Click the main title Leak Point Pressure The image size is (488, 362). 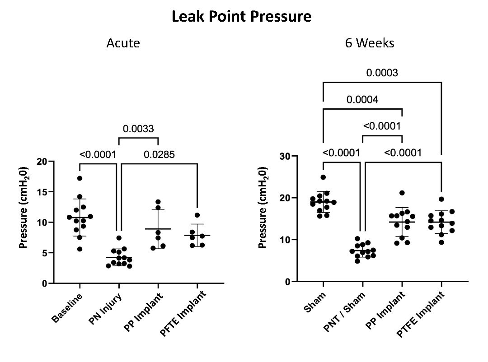coord(241,17)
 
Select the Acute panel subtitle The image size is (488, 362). coord(123,43)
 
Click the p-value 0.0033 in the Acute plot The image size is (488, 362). coord(139,129)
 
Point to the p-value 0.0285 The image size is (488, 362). coord(159,155)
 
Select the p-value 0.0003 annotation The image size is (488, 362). coord(382,73)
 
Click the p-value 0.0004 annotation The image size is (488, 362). coord(362,99)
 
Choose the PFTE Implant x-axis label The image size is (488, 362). coord(183,313)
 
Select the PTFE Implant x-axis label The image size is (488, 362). coord(422,315)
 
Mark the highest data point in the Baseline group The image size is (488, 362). coord(80,178)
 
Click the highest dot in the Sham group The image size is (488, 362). coord(323,177)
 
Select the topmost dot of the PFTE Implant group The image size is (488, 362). coord(197,215)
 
